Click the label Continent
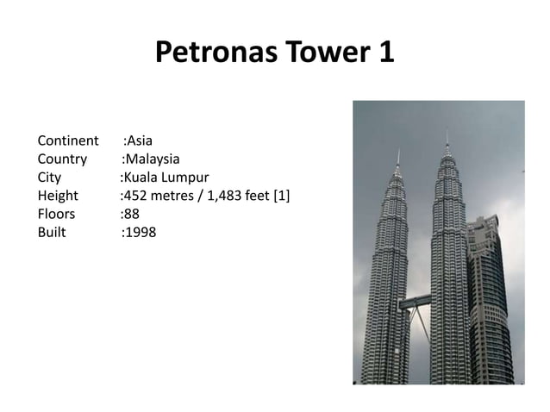coord(68,140)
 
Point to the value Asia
coord(141,140)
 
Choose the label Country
coord(62,159)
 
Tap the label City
coord(49,177)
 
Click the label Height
coord(58,196)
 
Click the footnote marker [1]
coord(281,196)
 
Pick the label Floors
coord(57,214)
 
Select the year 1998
coord(141,232)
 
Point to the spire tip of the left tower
coord(397,150)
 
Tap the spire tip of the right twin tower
coord(447,132)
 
